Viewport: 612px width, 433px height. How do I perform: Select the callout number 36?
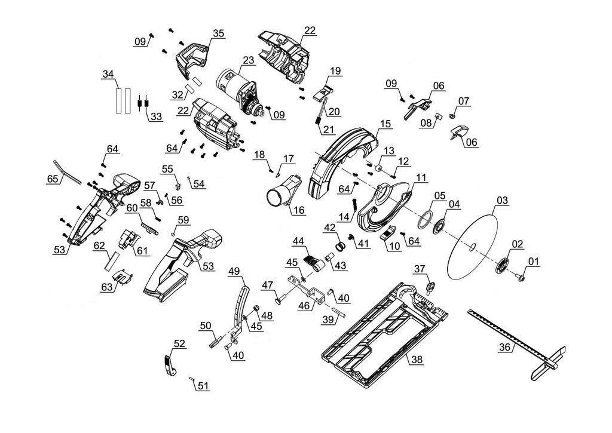(504, 347)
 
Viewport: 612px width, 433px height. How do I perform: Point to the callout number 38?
(417, 360)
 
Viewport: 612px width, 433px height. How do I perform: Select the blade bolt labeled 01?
(520, 277)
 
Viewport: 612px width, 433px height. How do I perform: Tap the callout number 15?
(385, 124)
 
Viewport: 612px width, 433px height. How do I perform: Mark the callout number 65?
(53, 179)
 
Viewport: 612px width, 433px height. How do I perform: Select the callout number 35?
(219, 33)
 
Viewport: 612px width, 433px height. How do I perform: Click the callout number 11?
(421, 178)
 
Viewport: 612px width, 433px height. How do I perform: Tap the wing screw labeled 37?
(430, 288)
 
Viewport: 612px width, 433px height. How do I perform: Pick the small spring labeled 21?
(318, 120)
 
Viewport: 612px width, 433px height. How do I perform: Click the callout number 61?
(143, 250)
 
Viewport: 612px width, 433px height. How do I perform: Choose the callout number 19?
(335, 71)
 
